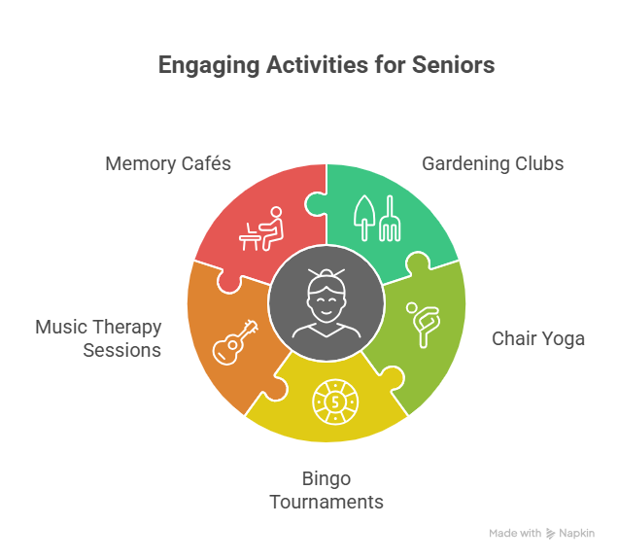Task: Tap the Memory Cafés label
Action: click(168, 163)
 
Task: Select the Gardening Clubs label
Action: click(492, 163)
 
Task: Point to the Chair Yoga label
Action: click(538, 338)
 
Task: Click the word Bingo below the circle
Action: click(326, 478)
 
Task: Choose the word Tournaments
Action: click(326, 502)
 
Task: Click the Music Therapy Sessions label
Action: click(98, 338)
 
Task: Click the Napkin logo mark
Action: click(551, 534)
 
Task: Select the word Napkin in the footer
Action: click(576, 534)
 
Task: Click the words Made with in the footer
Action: click(515, 534)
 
